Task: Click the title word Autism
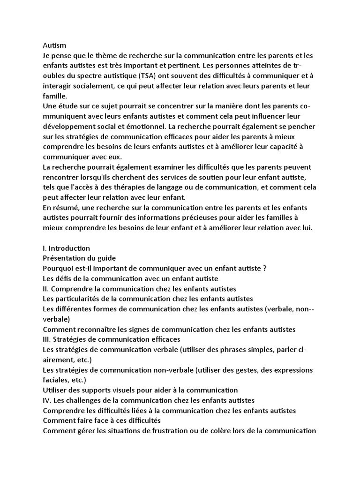coord(54,45)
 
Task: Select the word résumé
coord(66,208)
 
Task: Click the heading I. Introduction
coord(66,248)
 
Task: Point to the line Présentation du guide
coord(79,258)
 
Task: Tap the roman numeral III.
coord(46,339)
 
